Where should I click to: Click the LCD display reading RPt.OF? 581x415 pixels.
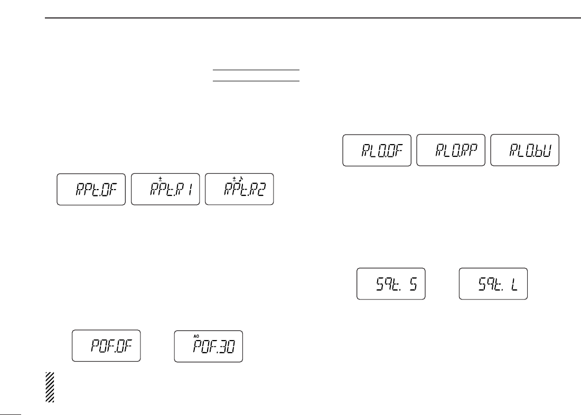pyautogui.click(x=91, y=189)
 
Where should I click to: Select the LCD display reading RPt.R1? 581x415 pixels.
pyautogui.click(x=165, y=189)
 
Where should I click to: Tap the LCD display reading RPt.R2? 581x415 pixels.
pyautogui.click(x=239, y=189)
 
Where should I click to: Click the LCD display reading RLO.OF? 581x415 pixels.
pyautogui.click(x=377, y=150)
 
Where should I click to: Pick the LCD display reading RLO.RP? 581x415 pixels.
pyautogui.click(x=451, y=150)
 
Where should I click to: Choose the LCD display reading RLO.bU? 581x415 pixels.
pyautogui.click(x=524, y=150)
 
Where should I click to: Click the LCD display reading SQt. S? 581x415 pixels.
pyautogui.click(x=391, y=284)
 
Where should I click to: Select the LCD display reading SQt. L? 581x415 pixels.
pyautogui.click(x=493, y=284)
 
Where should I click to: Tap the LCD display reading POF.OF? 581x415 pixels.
pyautogui.click(x=106, y=346)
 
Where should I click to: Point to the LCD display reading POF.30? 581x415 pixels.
pyautogui.click(x=209, y=346)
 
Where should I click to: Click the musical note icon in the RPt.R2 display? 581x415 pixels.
pyautogui.click(x=239, y=179)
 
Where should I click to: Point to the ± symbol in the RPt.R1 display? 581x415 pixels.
pyautogui.click(x=160, y=179)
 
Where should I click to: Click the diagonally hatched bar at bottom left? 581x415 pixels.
pyautogui.click(x=50, y=388)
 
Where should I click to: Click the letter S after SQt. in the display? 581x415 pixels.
pyautogui.click(x=414, y=286)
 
